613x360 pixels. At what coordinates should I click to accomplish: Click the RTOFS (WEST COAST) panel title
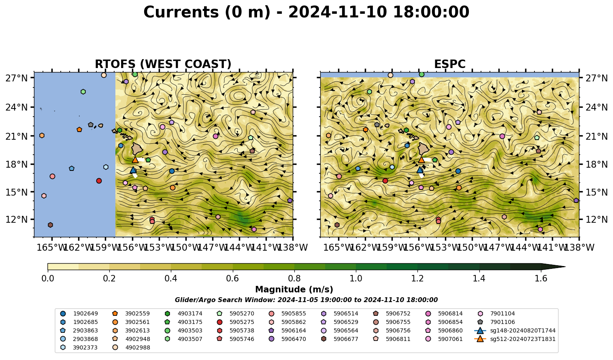pos(163,64)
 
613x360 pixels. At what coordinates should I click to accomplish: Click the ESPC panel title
pos(449,64)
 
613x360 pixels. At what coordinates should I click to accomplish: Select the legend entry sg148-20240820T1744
pos(515,331)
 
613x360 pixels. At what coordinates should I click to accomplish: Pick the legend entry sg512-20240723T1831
pos(515,339)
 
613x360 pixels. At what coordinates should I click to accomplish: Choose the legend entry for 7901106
pos(497,322)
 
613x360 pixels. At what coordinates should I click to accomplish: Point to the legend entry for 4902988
pos(132,348)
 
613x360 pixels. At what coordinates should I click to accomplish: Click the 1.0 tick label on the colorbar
pos(356,279)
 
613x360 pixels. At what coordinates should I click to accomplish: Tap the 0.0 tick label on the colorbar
pos(48,279)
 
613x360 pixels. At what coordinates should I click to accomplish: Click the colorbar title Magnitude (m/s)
pos(294,290)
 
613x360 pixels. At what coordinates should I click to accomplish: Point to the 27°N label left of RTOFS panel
pos(17,78)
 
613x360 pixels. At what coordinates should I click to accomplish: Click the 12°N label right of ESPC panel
pos(596,219)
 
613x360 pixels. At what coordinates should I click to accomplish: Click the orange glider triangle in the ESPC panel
pos(421,160)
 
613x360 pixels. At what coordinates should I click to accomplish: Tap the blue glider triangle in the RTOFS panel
pos(133,170)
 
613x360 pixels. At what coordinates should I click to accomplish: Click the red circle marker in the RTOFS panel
pos(99,181)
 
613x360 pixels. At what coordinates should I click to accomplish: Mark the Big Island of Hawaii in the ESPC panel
pos(424,148)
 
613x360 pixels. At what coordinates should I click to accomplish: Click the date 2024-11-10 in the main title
pos(338,12)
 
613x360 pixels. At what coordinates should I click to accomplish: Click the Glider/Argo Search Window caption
pos(306,300)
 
